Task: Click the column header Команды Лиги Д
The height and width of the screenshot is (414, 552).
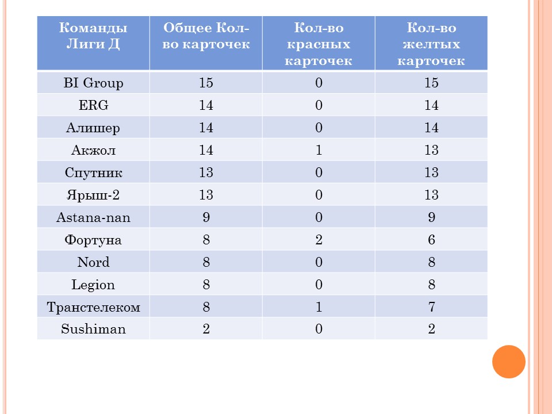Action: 93,36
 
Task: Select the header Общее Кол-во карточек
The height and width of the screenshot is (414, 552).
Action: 206,36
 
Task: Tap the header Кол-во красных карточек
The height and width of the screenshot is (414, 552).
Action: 319,44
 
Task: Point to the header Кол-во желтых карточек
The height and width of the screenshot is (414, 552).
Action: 431,44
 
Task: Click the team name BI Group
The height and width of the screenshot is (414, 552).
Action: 93,83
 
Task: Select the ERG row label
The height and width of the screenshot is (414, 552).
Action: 93,105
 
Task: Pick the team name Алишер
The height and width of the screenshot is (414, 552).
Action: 93,128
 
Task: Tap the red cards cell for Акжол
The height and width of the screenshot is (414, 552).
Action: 319,150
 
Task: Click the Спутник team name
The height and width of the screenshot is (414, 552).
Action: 93,173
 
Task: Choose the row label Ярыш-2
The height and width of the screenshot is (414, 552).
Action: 93,195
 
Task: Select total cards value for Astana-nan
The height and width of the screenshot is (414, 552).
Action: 206,217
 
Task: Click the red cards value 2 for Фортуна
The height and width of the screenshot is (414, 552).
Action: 319,240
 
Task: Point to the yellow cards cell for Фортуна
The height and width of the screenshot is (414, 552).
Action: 432,240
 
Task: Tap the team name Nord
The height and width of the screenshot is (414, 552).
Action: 93,262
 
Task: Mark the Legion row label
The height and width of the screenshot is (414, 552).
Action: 93,285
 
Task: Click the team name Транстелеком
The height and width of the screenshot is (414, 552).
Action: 93,307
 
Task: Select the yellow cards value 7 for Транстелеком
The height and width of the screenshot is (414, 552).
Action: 432,307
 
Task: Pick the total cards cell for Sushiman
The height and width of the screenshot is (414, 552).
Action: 206,329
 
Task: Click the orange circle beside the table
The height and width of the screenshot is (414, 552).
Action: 509,362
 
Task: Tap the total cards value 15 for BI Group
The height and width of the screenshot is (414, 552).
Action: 206,83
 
